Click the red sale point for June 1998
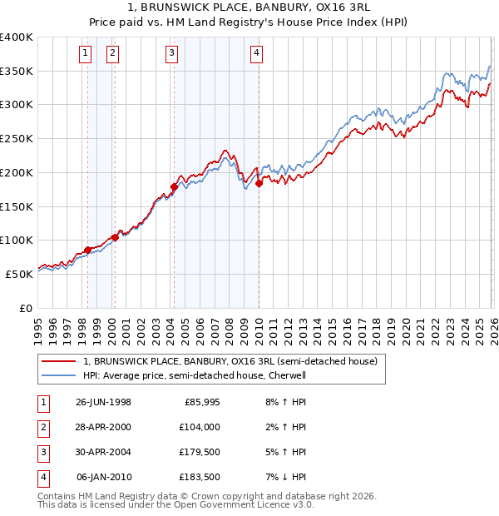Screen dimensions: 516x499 click(x=87, y=250)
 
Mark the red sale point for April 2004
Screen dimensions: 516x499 click(x=174, y=186)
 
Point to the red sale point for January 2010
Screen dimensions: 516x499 click(x=259, y=184)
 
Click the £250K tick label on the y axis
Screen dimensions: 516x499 click(x=17, y=138)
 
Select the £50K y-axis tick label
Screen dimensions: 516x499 click(x=20, y=273)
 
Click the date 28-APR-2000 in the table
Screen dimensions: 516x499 click(x=103, y=426)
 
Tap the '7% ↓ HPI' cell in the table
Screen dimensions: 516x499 click(x=282, y=477)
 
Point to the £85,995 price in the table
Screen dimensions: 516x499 click(x=200, y=401)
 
